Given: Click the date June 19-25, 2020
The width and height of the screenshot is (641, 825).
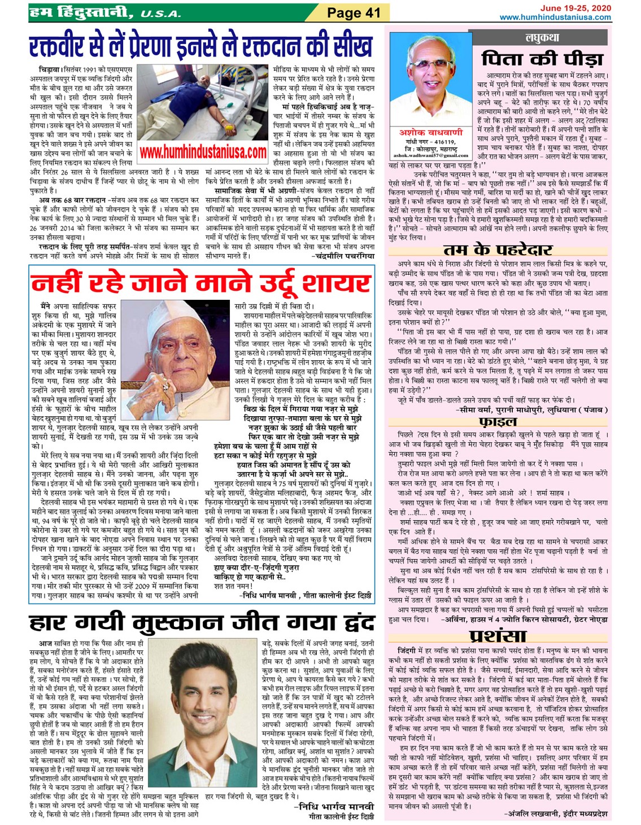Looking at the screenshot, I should click(575, 8).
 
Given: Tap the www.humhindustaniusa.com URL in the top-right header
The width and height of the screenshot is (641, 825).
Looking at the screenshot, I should click(555, 17).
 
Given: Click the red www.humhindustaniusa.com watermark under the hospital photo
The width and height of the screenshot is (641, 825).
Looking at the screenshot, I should click(203, 152).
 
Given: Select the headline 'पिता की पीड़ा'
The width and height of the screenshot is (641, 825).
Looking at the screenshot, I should click(542, 58).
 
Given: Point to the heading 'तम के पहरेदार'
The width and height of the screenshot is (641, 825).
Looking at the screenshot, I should click(498, 250).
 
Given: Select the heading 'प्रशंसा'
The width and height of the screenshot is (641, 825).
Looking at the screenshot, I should click(498, 636).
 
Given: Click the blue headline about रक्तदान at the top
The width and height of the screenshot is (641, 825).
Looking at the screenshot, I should click(201, 47).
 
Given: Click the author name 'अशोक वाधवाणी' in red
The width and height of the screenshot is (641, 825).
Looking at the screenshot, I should click(431, 133).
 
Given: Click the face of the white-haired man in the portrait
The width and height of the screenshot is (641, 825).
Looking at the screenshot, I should click(430, 73).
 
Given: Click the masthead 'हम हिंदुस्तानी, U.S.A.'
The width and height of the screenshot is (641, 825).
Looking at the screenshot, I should click(104, 12).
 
